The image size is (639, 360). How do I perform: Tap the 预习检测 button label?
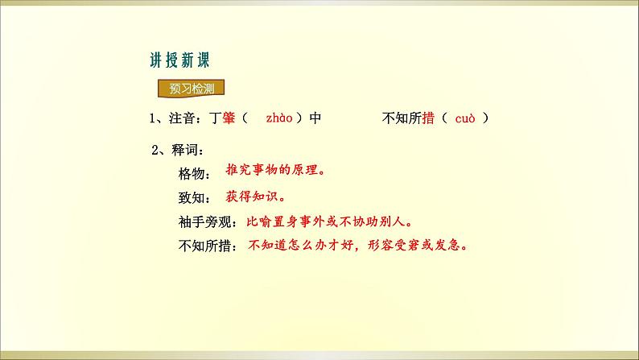[186, 89]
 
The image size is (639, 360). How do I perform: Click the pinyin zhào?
[279, 118]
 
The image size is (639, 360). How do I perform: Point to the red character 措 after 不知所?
[428, 118]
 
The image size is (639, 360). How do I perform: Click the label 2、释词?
[172, 150]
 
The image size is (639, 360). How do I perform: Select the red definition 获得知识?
[254, 196]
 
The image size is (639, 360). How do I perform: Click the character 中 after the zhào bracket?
[315, 118]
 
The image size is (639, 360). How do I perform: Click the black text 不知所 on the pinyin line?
[400, 118]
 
